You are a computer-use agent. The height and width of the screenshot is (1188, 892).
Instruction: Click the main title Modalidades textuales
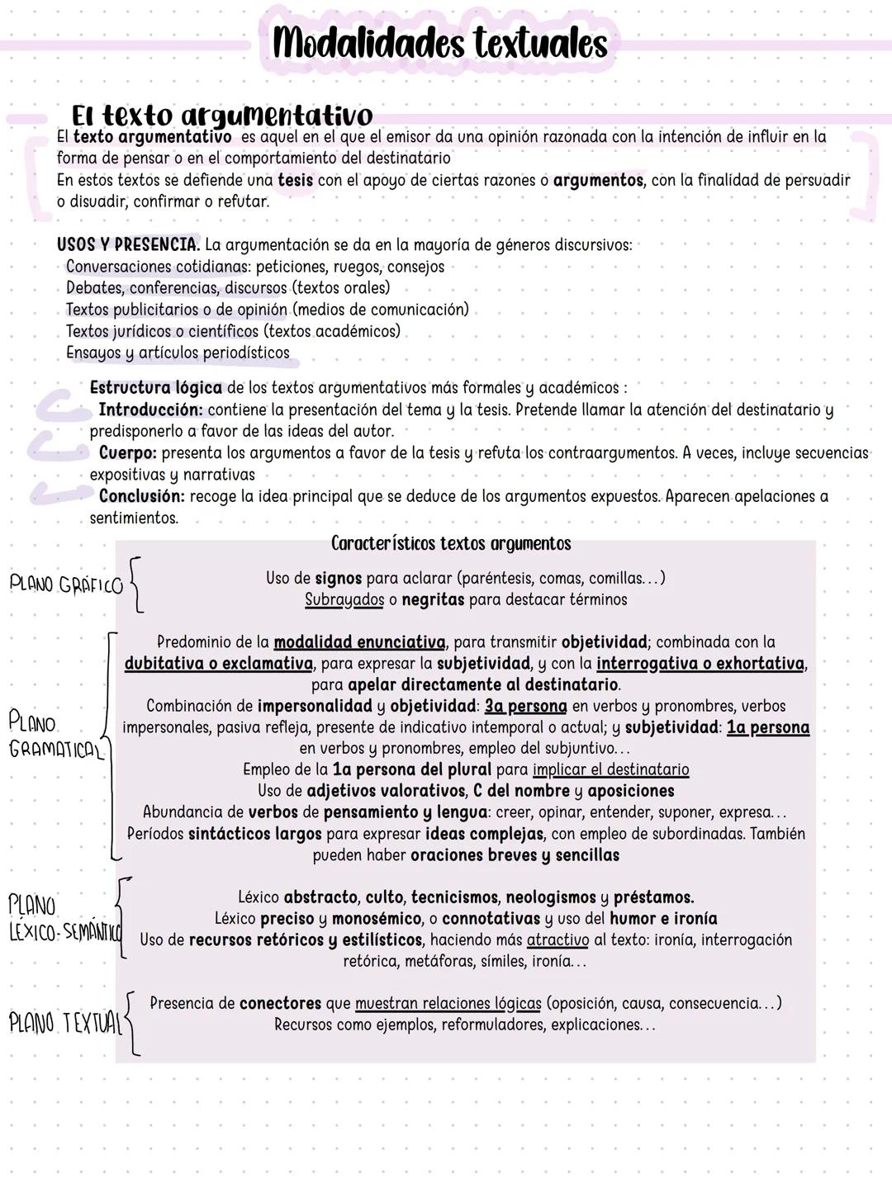pos(439,43)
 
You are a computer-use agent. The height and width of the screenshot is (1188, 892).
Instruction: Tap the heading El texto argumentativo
pos(222,115)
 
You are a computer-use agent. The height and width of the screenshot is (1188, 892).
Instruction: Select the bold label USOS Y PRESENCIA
pos(128,245)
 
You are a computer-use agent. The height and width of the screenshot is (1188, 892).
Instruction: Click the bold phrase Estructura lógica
pos(155,388)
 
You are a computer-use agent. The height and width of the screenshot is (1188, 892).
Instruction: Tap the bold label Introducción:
pos(150,410)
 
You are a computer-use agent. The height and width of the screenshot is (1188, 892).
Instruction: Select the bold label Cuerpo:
pos(128,453)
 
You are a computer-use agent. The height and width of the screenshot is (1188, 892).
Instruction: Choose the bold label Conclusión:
pos(141,496)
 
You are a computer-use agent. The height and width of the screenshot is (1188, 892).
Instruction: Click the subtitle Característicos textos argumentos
pos(451,543)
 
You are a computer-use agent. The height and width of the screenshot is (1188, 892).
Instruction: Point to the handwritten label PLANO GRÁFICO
pos(66,585)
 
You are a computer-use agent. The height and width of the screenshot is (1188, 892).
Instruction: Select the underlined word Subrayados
pos(344,600)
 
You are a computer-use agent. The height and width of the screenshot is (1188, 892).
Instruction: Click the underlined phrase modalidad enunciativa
pos(359,642)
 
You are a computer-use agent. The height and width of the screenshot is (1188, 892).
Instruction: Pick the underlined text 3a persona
pos(525,707)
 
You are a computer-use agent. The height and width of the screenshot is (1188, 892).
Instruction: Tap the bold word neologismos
pos(551,897)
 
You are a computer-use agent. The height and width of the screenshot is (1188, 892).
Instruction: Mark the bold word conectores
pos(280,1004)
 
